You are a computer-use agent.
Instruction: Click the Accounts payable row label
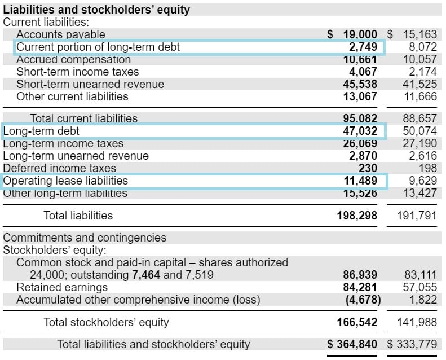60,34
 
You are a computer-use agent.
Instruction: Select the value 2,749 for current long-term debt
363,47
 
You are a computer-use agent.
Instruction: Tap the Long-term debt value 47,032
360,131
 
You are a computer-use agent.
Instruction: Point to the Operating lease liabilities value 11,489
360,181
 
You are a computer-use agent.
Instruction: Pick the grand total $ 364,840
352,344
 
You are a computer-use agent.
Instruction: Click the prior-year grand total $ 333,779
412,344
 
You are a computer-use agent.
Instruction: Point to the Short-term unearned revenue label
90,84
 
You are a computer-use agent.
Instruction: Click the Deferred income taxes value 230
368,168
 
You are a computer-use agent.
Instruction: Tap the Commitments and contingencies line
85,238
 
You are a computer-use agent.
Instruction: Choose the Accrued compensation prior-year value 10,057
420,59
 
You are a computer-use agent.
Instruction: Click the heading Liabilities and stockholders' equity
96,10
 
